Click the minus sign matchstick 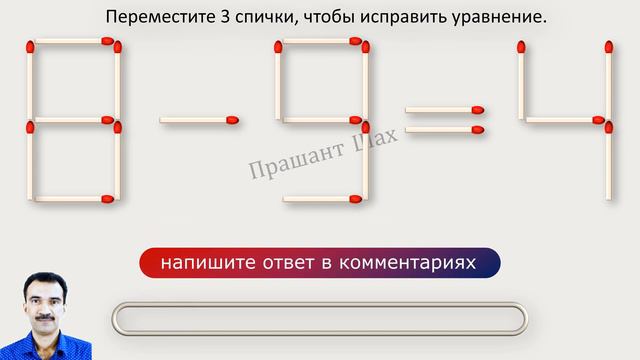tap(198, 121)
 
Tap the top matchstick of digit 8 tap(73, 42)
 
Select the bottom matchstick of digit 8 tap(73, 198)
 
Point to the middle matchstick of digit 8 tap(73, 122)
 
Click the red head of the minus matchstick tap(232, 121)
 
